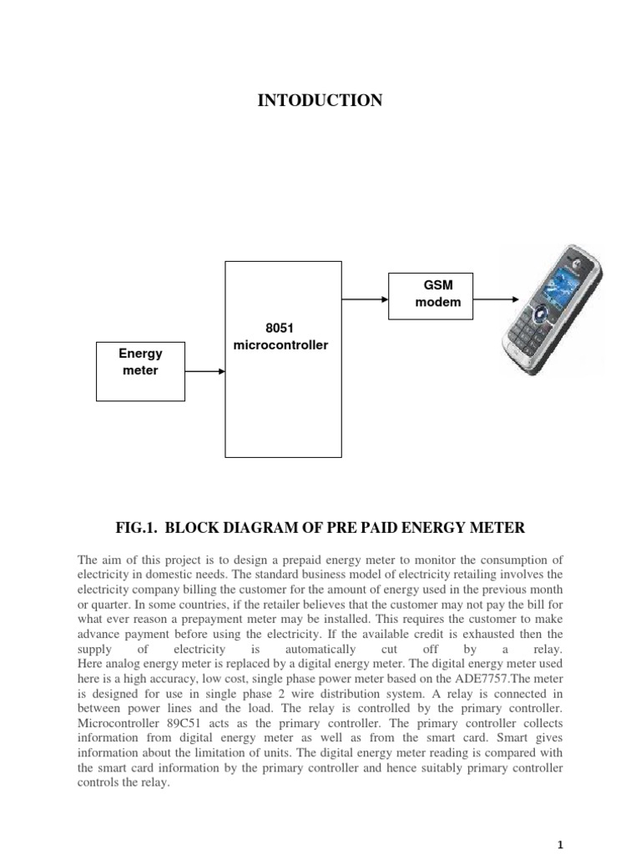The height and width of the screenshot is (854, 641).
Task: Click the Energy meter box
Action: pyautogui.click(x=140, y=370)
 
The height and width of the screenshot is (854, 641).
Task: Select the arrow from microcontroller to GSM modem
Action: pyautogui.click(x=365, y=294)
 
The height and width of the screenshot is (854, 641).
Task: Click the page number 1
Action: pyautogui.click(x=562, y=844)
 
